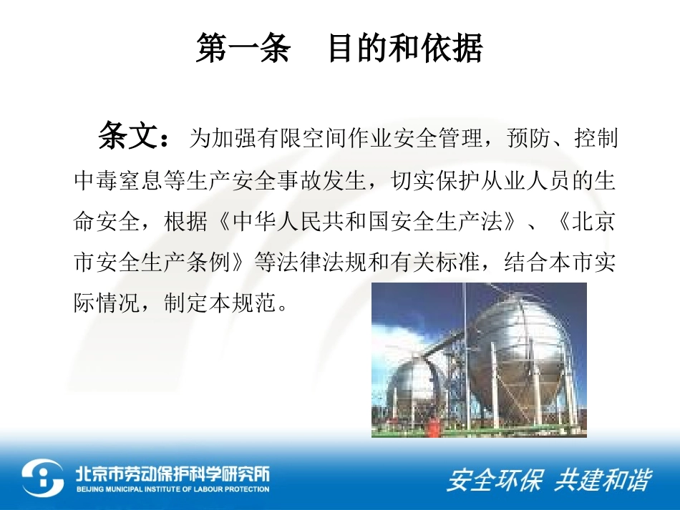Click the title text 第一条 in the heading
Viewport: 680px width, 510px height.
pos(243,49)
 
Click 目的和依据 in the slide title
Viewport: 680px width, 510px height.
pos(405,49)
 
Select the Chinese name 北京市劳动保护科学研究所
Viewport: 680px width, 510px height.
pos(173,473)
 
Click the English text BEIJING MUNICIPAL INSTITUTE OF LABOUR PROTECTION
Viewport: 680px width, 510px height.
pos(173,490)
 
